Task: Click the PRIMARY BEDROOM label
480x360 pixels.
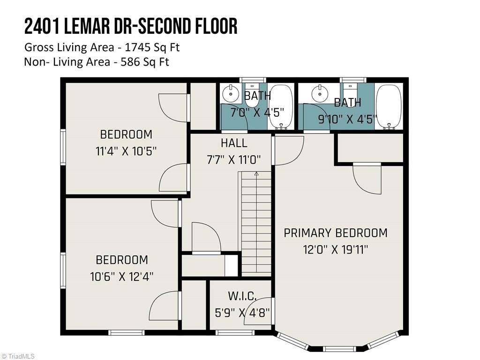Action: click(x=336, y=233)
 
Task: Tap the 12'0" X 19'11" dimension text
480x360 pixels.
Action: click(x=336, y=249)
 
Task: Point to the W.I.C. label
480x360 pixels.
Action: click(x=242, y=296)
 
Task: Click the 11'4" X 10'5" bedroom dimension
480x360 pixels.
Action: click(x=126, y=151)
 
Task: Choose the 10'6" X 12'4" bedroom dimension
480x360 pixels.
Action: click(x=122, y=277)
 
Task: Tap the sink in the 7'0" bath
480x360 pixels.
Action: click(x=230, y=93)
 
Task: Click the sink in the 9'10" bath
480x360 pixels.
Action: click(x=320, y=93)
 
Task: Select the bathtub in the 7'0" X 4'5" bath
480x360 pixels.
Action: click(x=281, y=106)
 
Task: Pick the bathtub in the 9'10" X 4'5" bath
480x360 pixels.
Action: click(x=389, y=106)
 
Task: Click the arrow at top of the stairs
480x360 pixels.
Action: click(x=256, y=174)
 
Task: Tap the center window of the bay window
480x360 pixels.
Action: click(x=339, y=349)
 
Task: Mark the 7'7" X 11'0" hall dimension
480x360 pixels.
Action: click(x=234, y=159)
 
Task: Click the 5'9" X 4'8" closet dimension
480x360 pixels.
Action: click(x=242, y=312)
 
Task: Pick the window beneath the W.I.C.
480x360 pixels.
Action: click(x=235, y=333)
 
